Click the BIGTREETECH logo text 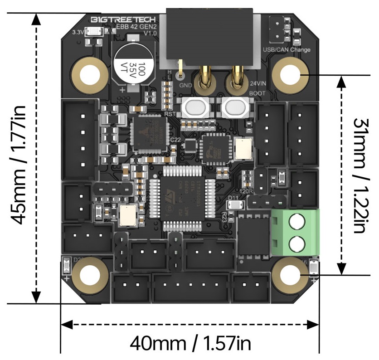[x=123, y=20]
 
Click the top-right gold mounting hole [x=290, y=74]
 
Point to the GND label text [x=185, y=85]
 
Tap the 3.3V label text [x=78, y=32]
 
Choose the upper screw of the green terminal [x=296, y=222]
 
